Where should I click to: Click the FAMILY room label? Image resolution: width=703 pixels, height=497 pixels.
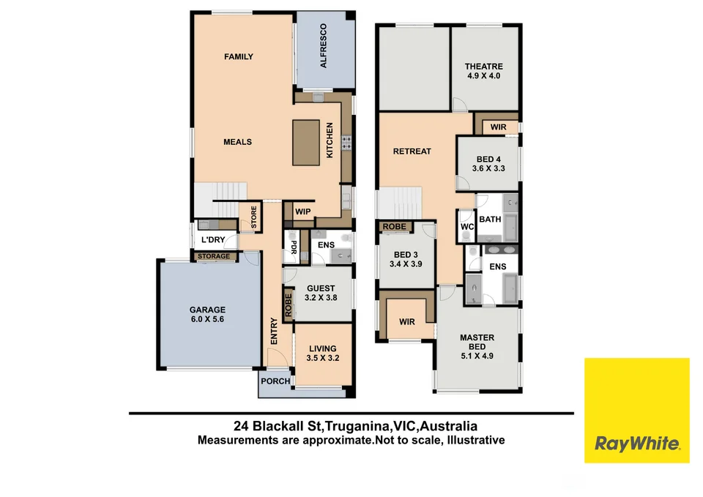(239, 56)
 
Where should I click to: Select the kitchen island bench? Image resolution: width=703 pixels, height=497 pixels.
(307, 142)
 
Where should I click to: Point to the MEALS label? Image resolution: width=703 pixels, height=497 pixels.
(237, 142)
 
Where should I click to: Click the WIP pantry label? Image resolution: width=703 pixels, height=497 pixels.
(302, 212)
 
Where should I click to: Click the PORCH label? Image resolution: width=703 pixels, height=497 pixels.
(275, 381)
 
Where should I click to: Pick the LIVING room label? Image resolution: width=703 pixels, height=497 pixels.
(322, 348)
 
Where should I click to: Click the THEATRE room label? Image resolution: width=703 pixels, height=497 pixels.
(483, 66)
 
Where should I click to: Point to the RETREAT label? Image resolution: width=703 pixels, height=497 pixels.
(412, 152)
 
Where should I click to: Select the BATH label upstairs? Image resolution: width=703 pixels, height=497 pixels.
(489, 219)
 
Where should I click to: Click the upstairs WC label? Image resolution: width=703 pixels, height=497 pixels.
(467, 227)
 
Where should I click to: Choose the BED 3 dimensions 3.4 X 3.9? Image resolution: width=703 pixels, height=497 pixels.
(406, 264)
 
